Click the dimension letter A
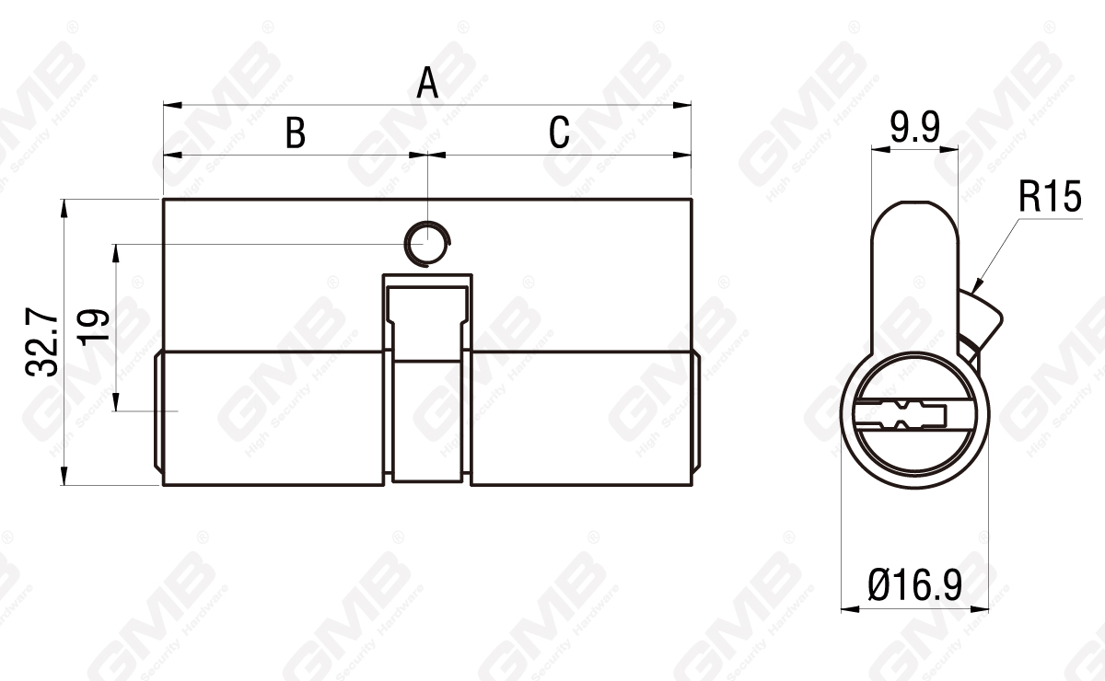pyautogui.click(x=426, y=83)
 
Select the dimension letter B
pyautogui.click(x=295, y=133)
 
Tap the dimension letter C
pyautogui.click(x=559, y=133)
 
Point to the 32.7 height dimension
pyautogui.click(x=42, y=343)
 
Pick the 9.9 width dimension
pyautogui.click(x=914, y=128)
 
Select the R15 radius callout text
pyautogui.click(x=1050, y=198)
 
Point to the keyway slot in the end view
pyautogui.click(x=901, y=414)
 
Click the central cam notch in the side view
pyautogui.click(x=427, y=377)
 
